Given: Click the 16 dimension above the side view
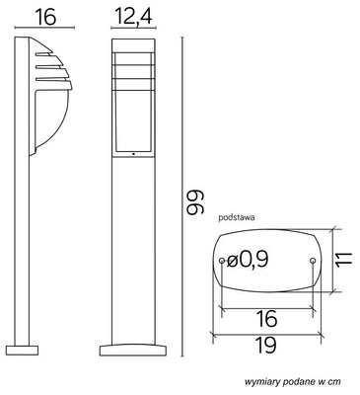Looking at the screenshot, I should (35, 16).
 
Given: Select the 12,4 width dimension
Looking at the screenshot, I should (132, 16).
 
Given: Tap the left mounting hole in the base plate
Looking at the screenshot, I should (220, 261).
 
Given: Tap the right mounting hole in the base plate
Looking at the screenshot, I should (313, 261).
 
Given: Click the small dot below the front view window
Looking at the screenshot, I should (132, 154).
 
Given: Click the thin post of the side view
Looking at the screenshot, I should (21, 247).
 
